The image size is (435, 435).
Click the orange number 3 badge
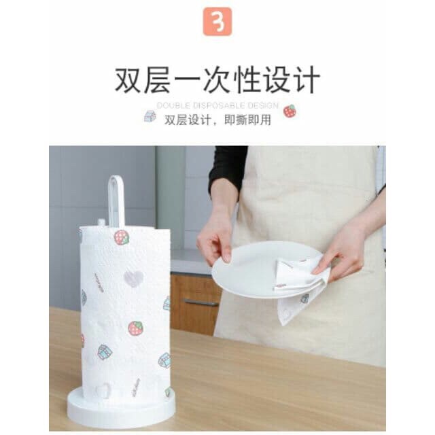pos(217,22)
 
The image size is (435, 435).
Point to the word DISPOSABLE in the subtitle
pos(219,106)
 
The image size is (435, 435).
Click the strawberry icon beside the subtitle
pos(290,111)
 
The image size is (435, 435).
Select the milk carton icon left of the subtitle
pos(150,116)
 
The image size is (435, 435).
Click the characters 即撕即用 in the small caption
pos(247,120)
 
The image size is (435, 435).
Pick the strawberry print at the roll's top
pos(122,238)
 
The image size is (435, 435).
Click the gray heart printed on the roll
pos(133,278)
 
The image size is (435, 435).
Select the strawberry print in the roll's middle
pos(135,328)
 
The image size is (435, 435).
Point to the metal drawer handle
pos(201,302)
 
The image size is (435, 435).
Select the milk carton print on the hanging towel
pos(304,298)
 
